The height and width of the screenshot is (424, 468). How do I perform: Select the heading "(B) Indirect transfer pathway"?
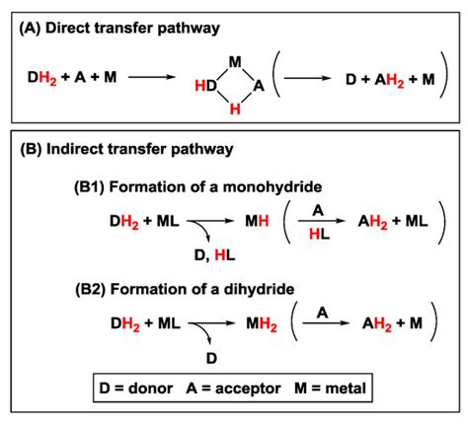click(125, 151)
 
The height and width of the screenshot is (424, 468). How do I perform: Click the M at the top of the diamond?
click(234, 62)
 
